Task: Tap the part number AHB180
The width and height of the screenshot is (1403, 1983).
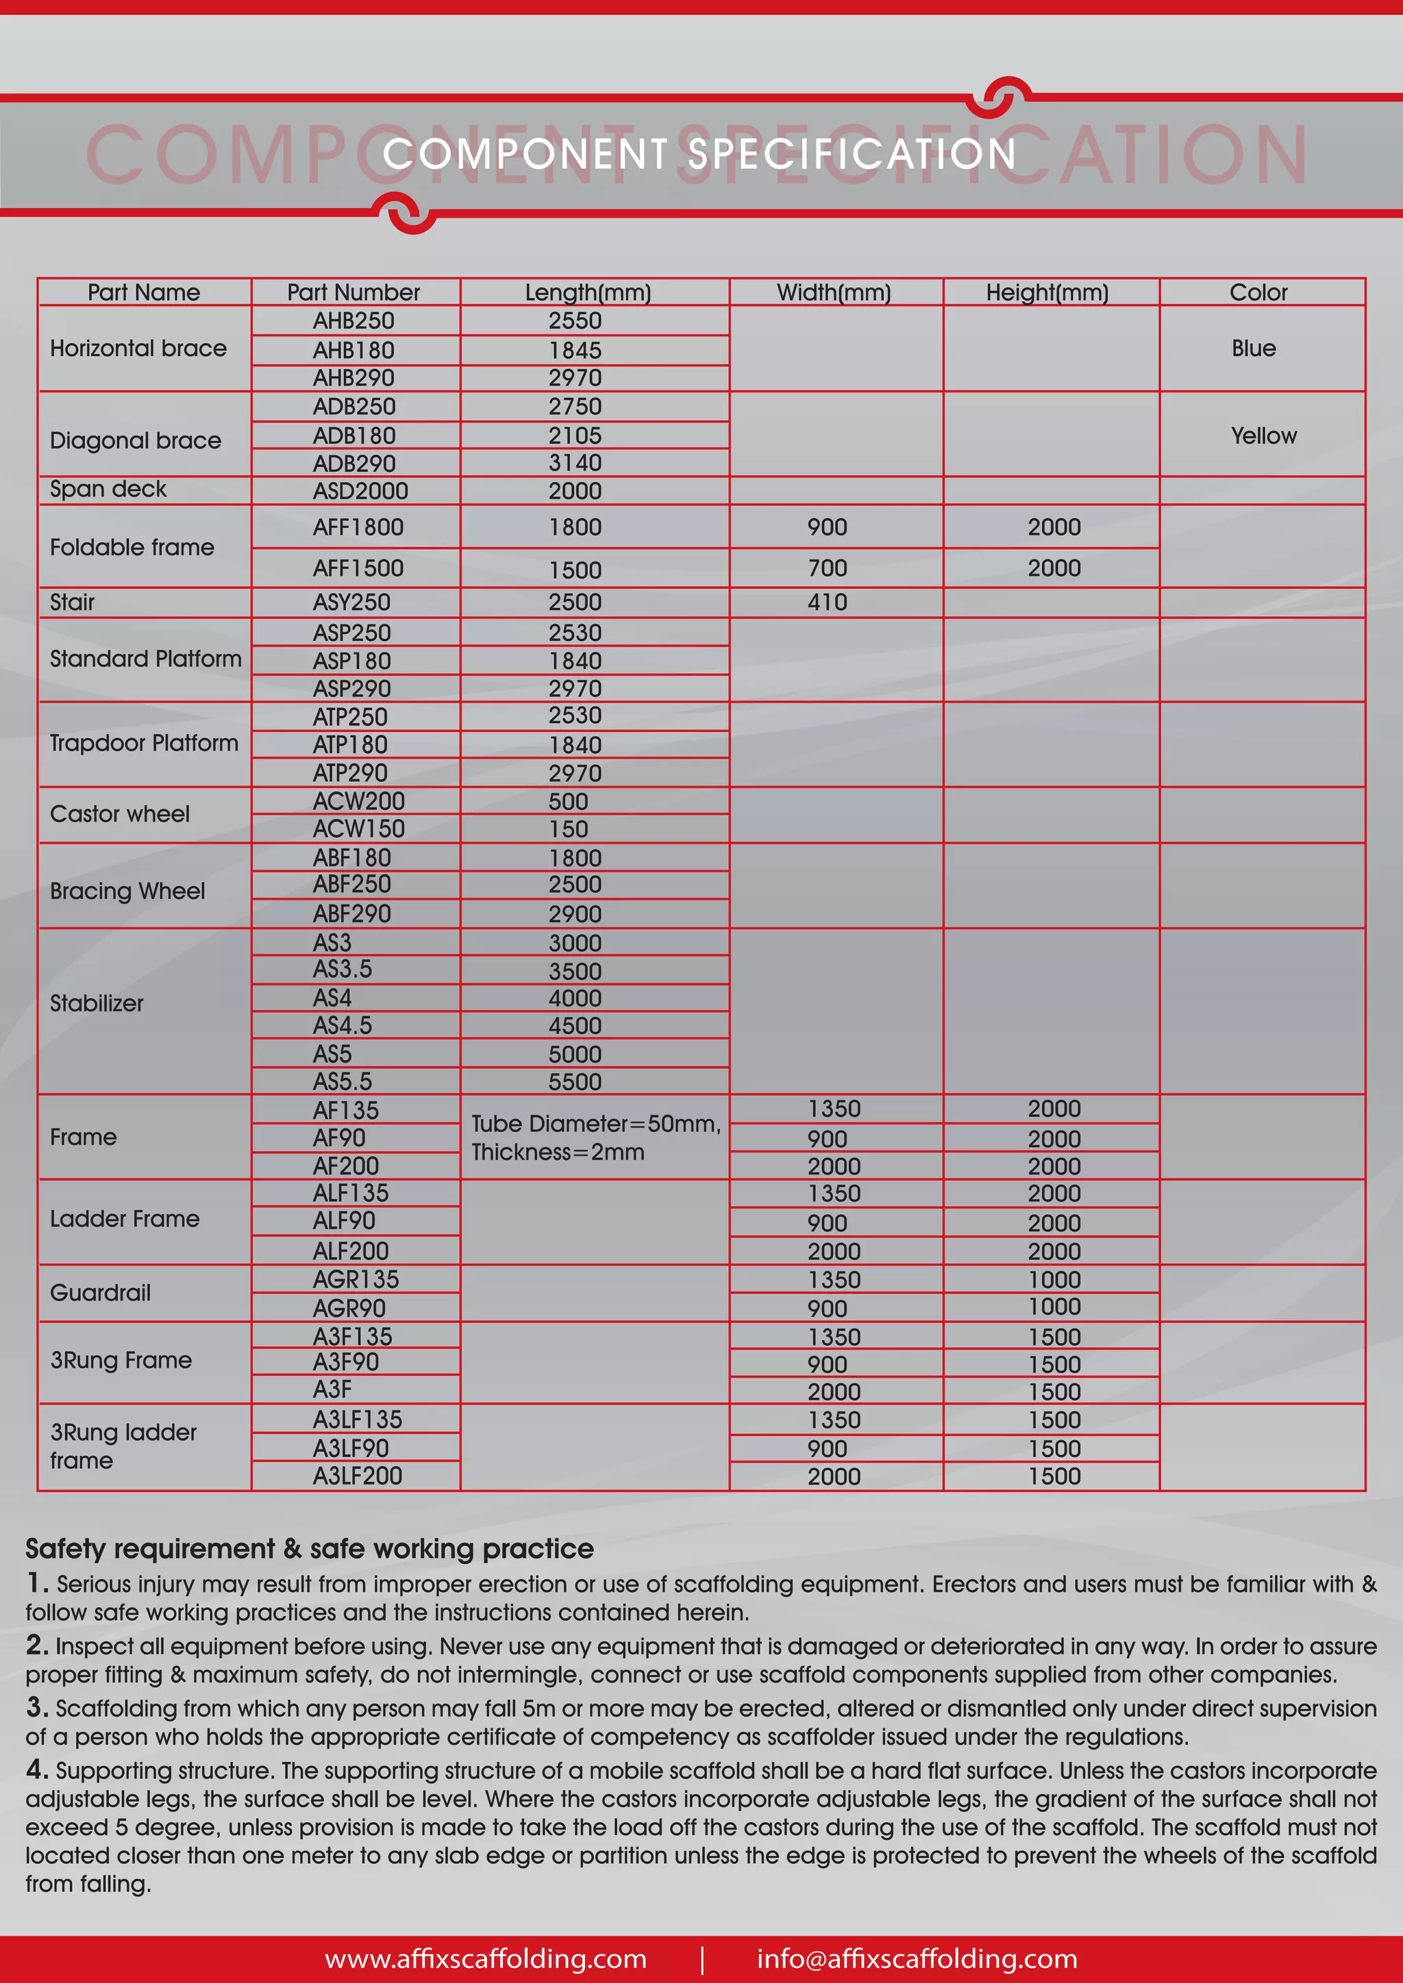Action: click(x=353, y=350)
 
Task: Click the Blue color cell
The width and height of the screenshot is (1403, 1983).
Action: click(x=1253, y=348)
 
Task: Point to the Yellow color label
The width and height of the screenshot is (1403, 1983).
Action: click(x=1263, y=435)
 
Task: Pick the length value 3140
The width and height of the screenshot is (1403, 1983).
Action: click(x=575, y=463)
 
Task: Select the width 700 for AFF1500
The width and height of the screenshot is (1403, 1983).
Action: click(x=827, y=568)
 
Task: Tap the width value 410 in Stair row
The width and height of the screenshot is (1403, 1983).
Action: click(x=827, y=602)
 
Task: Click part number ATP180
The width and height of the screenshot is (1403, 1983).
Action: click(x=350, y=744)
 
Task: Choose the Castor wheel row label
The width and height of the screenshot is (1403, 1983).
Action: click(x=120, y=813)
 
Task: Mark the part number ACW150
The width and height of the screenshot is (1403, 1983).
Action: click(x=358, y=829)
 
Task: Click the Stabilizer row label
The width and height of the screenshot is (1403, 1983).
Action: click(x=97, y=1002)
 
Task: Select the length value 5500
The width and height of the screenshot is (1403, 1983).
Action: click(x=575, y=1081)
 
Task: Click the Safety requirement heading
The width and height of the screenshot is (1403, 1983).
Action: click(x=309, y=1549)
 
